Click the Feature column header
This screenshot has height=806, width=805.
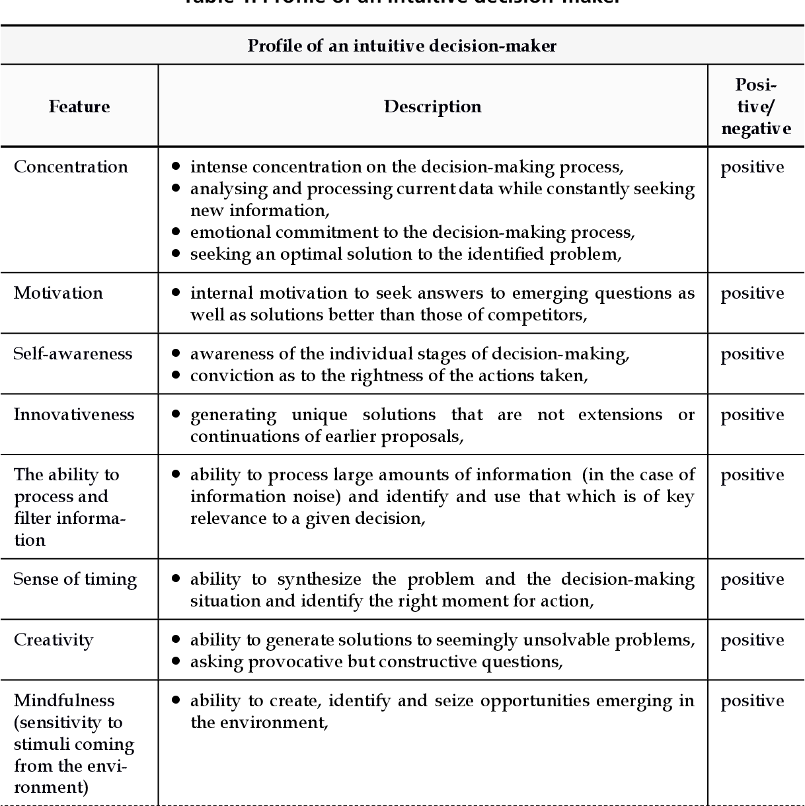[79, 106]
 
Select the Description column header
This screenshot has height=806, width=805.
[432, 106]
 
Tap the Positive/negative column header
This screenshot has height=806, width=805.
[755, 106]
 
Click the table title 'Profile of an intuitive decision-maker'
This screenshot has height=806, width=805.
[402, 46]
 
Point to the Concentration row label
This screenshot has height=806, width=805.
[71, 166]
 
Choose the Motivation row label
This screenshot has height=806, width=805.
[58, 293]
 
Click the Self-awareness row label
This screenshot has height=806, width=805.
[73, 353]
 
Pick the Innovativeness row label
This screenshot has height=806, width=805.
[73, 414]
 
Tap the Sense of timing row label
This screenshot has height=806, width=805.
[75, 579]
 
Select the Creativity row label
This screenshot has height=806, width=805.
[54, 640]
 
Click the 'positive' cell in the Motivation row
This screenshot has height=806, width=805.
[752, 293]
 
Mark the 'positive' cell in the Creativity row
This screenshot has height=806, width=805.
[752, 640]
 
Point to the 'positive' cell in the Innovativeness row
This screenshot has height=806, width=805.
[752, 415]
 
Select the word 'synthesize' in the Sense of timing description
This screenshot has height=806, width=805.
[319, 579]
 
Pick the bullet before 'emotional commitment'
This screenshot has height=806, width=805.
[176, 231]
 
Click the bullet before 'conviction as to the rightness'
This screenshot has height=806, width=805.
[176, 375]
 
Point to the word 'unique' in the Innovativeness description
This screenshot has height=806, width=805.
[320, 415]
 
